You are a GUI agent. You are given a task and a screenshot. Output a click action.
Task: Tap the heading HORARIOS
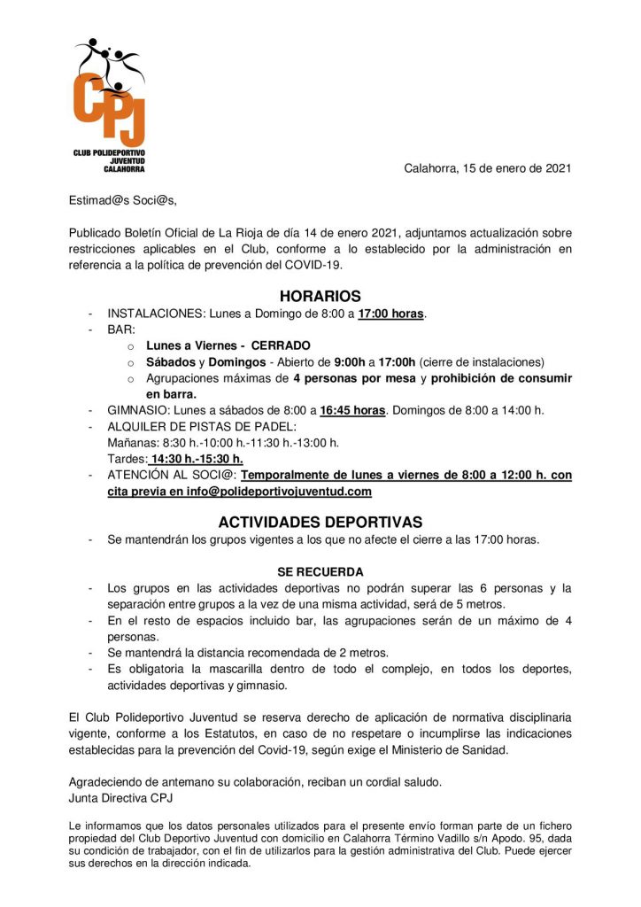point(320,297)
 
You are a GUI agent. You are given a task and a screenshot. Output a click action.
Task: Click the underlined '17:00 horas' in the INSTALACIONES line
point(391,314)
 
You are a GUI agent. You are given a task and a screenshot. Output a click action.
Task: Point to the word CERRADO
point(282,345)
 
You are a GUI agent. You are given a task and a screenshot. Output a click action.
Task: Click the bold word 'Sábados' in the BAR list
point(170,361)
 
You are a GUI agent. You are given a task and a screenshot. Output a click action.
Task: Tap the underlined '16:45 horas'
point(352,410)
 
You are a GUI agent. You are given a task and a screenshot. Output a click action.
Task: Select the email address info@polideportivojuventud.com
point(279,491)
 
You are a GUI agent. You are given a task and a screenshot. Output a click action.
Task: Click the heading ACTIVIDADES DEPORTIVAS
point(320,522)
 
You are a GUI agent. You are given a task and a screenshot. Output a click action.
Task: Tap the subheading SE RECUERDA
point(320,571)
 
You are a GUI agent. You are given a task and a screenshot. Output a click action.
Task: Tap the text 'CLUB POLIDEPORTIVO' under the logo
point(109,152)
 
